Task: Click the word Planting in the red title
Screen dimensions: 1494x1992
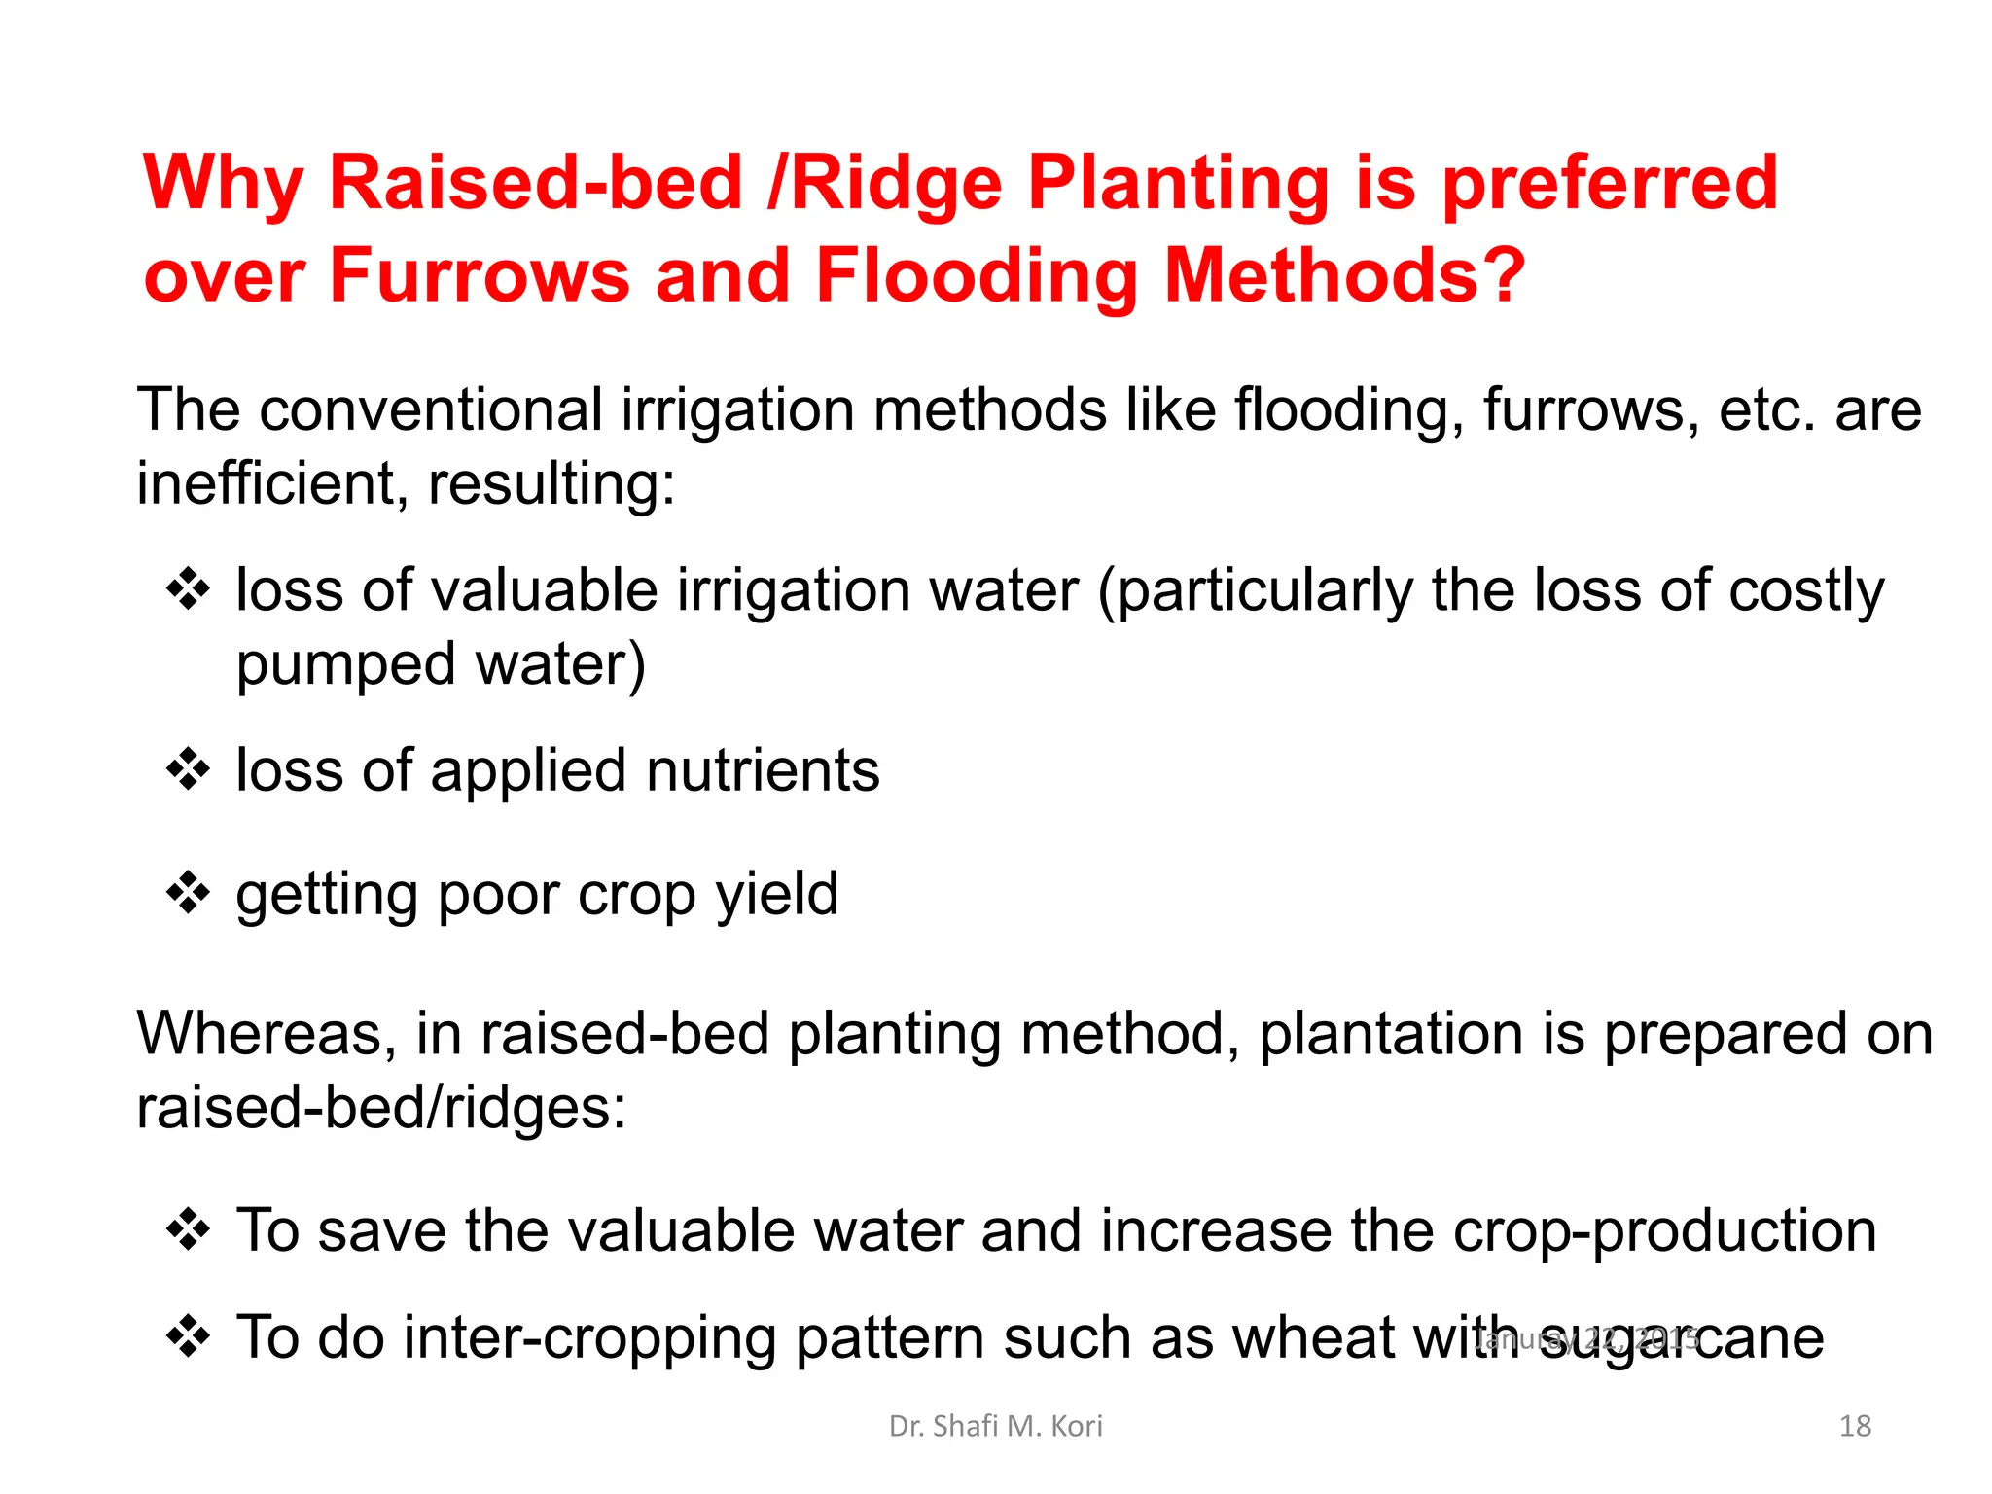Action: pos(1178,185)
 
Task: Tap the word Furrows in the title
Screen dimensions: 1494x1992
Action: pos(480,276)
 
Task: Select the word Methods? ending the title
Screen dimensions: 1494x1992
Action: pos(1344,276)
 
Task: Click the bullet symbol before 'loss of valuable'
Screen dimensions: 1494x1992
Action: pos(188,589)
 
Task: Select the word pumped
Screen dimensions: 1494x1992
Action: pos(346,665)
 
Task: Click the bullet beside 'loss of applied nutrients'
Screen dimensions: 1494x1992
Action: pos(188,770)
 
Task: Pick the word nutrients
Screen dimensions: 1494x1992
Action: pos(762,771)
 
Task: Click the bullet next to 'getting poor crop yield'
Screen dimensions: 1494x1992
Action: pos(188,893)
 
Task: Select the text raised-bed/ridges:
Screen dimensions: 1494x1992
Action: pos(381,1108)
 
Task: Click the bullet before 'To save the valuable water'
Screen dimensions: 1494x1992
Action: pos(188,1230)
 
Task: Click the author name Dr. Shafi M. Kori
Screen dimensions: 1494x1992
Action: pos(995,1426)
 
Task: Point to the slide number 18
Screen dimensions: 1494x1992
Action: pos(1855,1426)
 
